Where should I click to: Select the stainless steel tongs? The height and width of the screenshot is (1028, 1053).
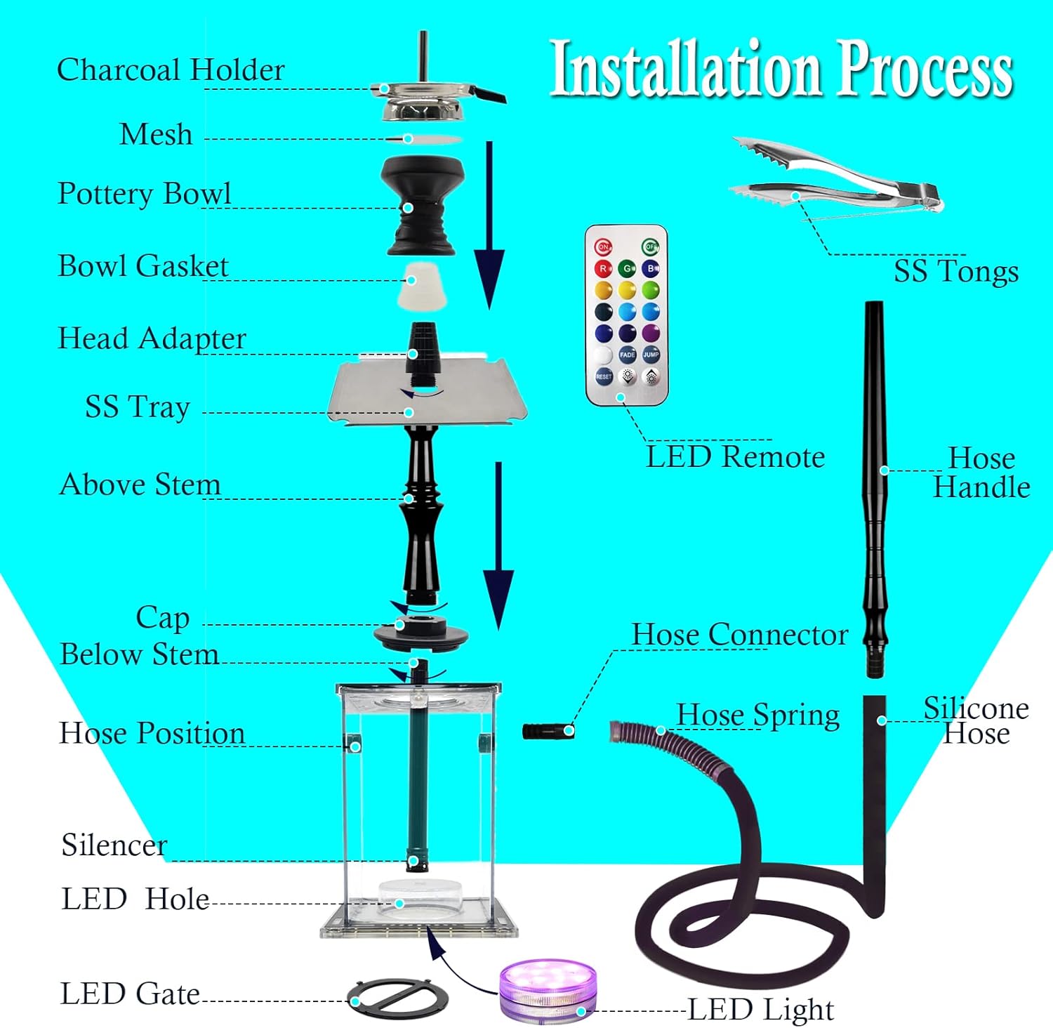coord(835,179)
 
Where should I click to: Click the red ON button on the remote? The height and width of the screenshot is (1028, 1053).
coord(603,247)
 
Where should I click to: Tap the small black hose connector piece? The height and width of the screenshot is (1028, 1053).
coord(548,731)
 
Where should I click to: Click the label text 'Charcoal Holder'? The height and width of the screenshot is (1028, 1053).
coord(171,70)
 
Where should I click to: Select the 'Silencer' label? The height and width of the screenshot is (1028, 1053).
coord(114,845)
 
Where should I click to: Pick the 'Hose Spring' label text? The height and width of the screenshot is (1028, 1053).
coord(758,715)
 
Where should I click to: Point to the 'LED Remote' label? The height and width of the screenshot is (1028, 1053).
coord(735,457)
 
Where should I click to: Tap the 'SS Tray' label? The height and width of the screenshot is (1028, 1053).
coord(138,407)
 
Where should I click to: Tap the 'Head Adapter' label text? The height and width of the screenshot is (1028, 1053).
coord(152,338)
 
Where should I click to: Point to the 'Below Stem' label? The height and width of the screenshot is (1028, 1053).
coord(139,654)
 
